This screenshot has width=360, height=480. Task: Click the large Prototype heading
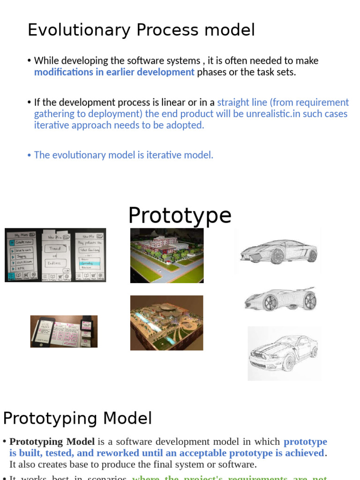click(x=180, y=216)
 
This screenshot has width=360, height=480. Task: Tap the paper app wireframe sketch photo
click(x=55, y=255)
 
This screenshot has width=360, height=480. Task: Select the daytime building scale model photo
click(x=167, y=255)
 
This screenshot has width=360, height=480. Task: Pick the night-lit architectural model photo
click(x=167, y=323)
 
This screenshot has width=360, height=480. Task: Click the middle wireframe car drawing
click(x=280, y=299)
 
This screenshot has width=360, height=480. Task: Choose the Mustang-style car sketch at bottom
click(x=284, y=353)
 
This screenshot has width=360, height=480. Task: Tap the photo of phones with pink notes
click(x=64, y=331)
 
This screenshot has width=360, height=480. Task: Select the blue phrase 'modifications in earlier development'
click(x=114, y=72)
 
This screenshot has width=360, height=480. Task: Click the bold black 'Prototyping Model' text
click(x=52, y=442)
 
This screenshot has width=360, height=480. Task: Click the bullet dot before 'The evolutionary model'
click(x=29, y=155)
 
